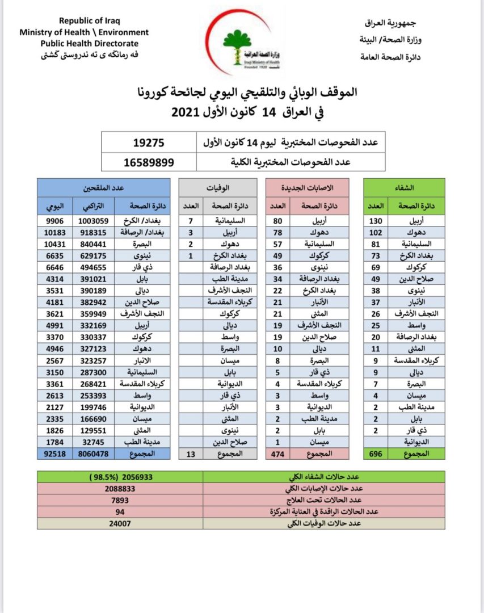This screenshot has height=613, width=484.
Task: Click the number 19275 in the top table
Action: tap(149, 141)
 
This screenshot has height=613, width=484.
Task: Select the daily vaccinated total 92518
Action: tap(57, 454)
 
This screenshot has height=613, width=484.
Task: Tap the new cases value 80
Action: tap(278, 221)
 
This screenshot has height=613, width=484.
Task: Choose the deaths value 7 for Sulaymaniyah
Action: tap(191, 221)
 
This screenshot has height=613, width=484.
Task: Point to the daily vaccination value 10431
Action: tap(57, 244)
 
